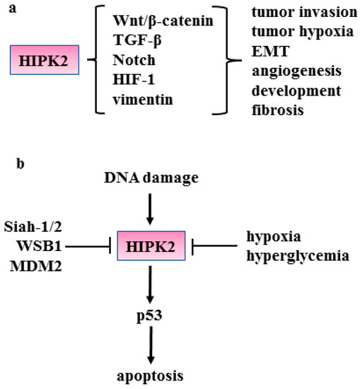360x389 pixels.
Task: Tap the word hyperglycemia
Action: (x=298, y=255)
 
